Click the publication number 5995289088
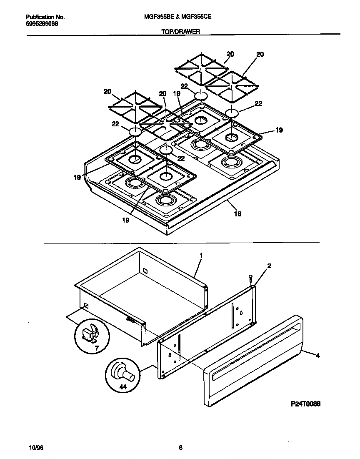pyautogui.click(x=42, y=24)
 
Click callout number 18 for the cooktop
pyautogui.click(x=237, y=214)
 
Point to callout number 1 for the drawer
pyautogui.click(x=201, y=255)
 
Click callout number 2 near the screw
pyautogui.click(x=269, y=266)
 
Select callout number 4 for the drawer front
pyautogui.click(x=318, y=356)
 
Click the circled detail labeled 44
pyautogui.click(x=122, y=375)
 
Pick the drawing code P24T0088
pyautogui.click(x=305, y=404)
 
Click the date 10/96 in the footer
pyautogui.click(x=36, y=448)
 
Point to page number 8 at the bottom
pyautogui.click(x=180, y=448)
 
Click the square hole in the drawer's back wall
pyautogui.click(x=145, y=271)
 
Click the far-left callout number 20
pyautogui.click(x=107, y=91)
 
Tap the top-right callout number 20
pyautogui.click(x=260, y=54)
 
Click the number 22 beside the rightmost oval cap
pyautogui.click(x=258, y=104)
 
